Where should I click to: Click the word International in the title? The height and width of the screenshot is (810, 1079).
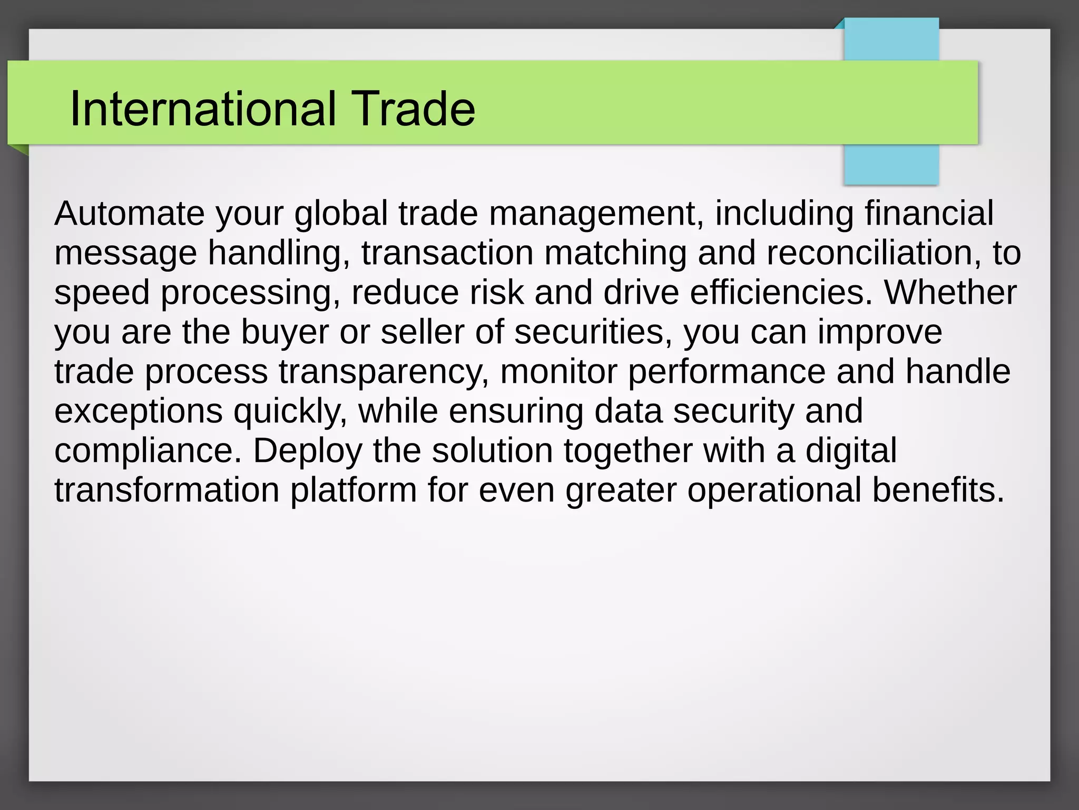tap(203, 109)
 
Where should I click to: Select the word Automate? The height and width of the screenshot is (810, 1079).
tap(130, 213)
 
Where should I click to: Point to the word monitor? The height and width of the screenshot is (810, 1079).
tap(558, 371)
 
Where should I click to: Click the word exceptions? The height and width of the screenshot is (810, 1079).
tap(139, 412)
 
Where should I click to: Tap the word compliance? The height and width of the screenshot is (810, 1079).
tap(148, 450)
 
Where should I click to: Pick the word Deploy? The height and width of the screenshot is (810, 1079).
tap(308, 451)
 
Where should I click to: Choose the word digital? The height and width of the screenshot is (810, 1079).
tap(851, 451)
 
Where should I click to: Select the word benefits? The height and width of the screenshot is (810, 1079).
tap(938, 490)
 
